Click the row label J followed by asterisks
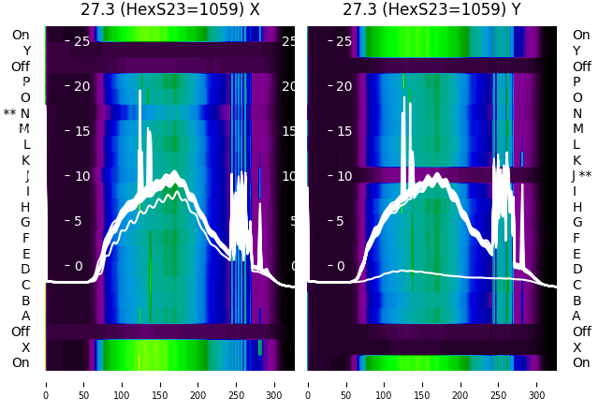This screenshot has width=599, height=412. pos(581,176)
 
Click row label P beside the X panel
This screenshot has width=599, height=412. pos(25,82)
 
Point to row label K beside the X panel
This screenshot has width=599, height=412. pos(25,160)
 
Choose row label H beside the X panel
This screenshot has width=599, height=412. pos(25,207)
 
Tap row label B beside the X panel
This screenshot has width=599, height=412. pos(25,301)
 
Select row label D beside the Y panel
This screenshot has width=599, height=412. pos(577,270)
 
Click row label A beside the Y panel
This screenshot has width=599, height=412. pos(577,316)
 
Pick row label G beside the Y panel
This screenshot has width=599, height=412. pos(577,223)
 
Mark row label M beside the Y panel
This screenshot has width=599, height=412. pos(577,129)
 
